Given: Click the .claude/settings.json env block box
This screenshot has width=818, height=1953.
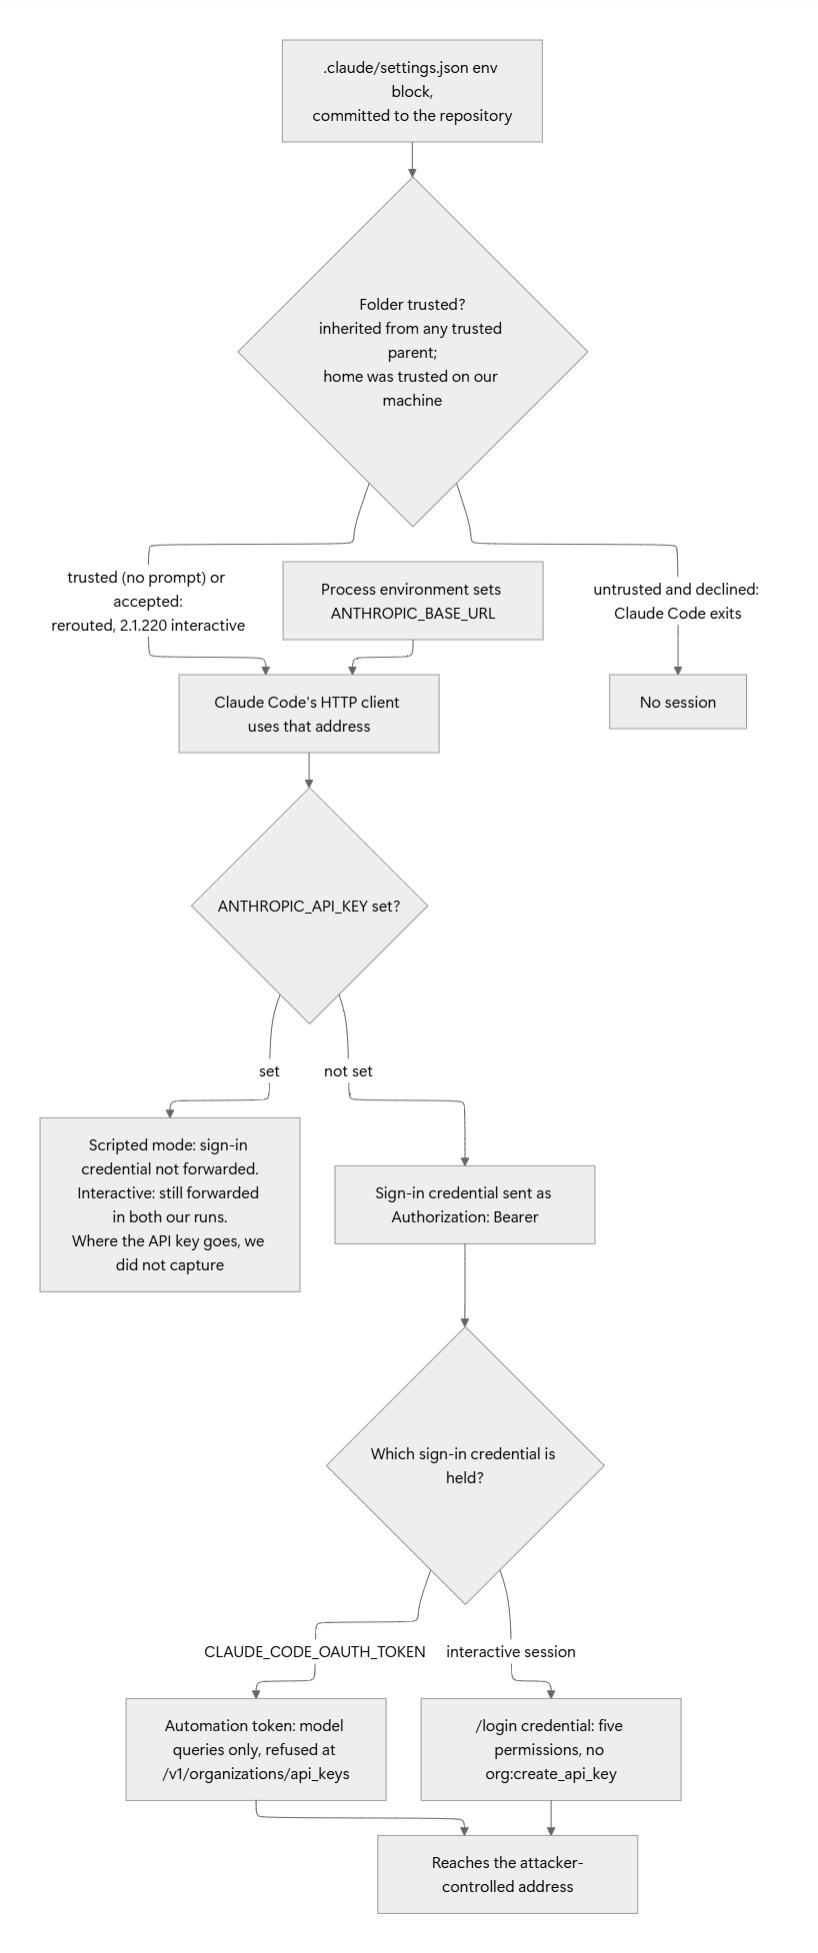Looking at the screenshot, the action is [412, 91].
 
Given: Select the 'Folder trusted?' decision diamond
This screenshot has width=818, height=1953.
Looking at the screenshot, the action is [412, 352].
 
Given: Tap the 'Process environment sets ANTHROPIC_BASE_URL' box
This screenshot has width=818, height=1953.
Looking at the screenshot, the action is [413, 601].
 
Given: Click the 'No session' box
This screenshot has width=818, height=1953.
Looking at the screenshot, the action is [678, 702].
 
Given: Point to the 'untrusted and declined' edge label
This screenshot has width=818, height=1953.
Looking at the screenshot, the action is [677, 601].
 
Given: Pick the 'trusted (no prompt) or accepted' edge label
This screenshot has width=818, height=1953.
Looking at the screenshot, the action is [148, 602].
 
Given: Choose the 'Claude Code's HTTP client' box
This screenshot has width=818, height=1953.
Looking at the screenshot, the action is [309, 714].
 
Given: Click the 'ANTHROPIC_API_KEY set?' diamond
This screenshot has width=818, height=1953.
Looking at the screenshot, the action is [309, 906].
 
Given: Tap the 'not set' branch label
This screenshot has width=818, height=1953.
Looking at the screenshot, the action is [348, 1071].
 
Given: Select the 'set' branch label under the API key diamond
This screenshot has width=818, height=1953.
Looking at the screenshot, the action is [269, 1071].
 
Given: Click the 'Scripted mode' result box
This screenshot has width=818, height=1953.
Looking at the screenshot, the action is [170, 1204].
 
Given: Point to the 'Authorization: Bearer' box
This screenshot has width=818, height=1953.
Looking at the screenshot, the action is [465, 1204].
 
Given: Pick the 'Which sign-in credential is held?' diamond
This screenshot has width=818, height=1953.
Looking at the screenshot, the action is [465, 1465].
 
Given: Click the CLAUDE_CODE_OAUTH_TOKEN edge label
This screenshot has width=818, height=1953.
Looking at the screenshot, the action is [315, 1651].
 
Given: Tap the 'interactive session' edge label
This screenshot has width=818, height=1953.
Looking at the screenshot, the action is [511, 1651].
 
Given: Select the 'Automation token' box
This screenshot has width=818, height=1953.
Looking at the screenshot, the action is [256, 1749].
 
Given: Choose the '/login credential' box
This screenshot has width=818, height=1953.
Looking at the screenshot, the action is [551, 1749].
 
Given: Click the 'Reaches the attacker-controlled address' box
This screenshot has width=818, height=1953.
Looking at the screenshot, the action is [507, 1874].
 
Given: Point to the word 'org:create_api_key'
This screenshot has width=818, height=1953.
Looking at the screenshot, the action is [551, 1773].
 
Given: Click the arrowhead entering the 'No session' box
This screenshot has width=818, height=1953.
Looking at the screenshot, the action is [678, 670].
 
